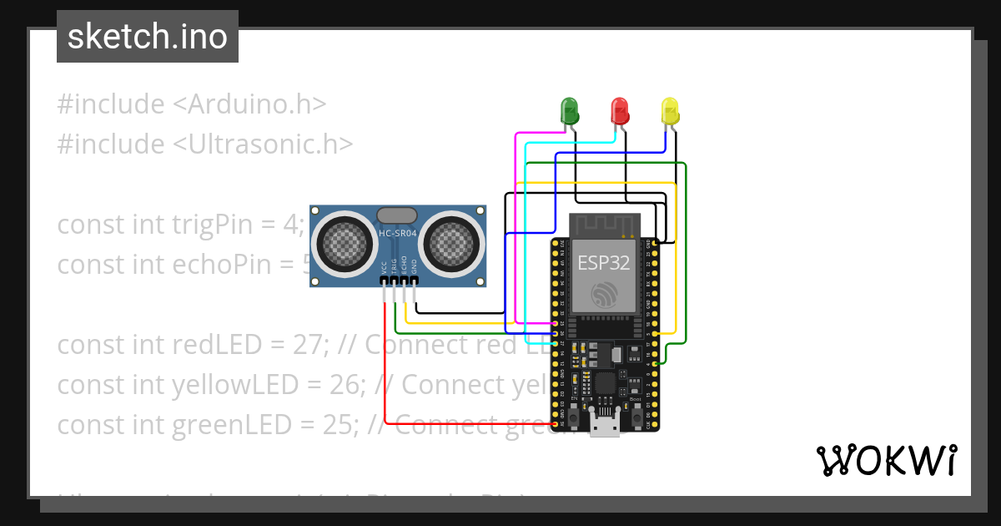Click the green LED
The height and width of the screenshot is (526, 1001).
(x=569, y=110)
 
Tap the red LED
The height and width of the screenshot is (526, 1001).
(x=619, y=110)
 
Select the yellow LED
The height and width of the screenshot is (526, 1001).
(x=670, y=110)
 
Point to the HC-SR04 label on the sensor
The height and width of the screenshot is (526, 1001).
(x=397, y=234)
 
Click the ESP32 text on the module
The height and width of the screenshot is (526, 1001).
(x=604, y=263)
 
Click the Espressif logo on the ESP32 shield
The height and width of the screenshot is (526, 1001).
(x=604, y=295)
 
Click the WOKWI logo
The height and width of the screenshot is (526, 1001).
(x=886, y=460)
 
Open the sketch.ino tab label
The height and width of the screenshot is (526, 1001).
(x=148, y=37)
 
